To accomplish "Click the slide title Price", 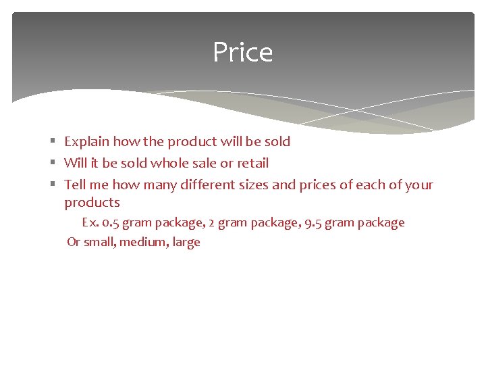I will (242, 53).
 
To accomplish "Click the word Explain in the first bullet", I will (86, 142).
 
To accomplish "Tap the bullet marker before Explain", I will (53, 141).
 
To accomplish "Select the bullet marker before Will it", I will (53, 163).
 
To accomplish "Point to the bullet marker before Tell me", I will (53, 185).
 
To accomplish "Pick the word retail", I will (252, 163).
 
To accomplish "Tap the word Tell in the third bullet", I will (76, 185).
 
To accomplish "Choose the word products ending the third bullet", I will (92, 203).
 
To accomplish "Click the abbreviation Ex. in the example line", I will (90, 222).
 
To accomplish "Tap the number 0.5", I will (111, 222).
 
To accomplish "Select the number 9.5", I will (313, 222).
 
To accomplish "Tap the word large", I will (186, 242).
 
